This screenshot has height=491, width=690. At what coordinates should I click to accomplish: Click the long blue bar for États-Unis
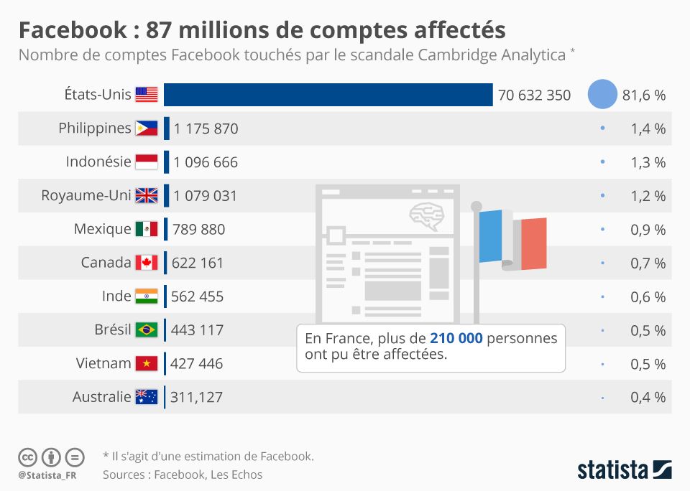coord(328,95)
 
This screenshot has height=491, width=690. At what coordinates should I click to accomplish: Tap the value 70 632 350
coord(534,95)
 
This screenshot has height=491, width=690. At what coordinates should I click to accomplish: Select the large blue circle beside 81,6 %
coord(602,95)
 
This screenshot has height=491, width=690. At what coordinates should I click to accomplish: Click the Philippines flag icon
coord(147,128)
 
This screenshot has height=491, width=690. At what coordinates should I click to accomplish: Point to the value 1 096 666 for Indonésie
coord(206,162)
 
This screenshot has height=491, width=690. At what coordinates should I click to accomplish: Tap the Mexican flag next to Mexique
coord(147,229)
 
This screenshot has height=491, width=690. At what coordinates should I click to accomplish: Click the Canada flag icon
coord(147,263)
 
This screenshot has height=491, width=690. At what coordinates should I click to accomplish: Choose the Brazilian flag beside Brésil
coord(147,330)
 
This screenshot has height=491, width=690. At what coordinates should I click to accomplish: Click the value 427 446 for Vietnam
coord(197,364)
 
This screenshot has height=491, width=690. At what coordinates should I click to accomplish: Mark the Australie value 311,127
coord(197,397)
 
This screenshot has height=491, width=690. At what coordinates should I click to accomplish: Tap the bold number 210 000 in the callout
coord(456,338)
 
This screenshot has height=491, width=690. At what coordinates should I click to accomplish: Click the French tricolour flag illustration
coord(512,239)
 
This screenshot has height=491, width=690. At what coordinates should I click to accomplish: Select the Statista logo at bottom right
coord(624,470)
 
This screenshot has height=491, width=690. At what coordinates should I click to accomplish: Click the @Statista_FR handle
coord(48,475)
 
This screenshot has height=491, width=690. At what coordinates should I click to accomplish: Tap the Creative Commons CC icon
coord(27,457)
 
